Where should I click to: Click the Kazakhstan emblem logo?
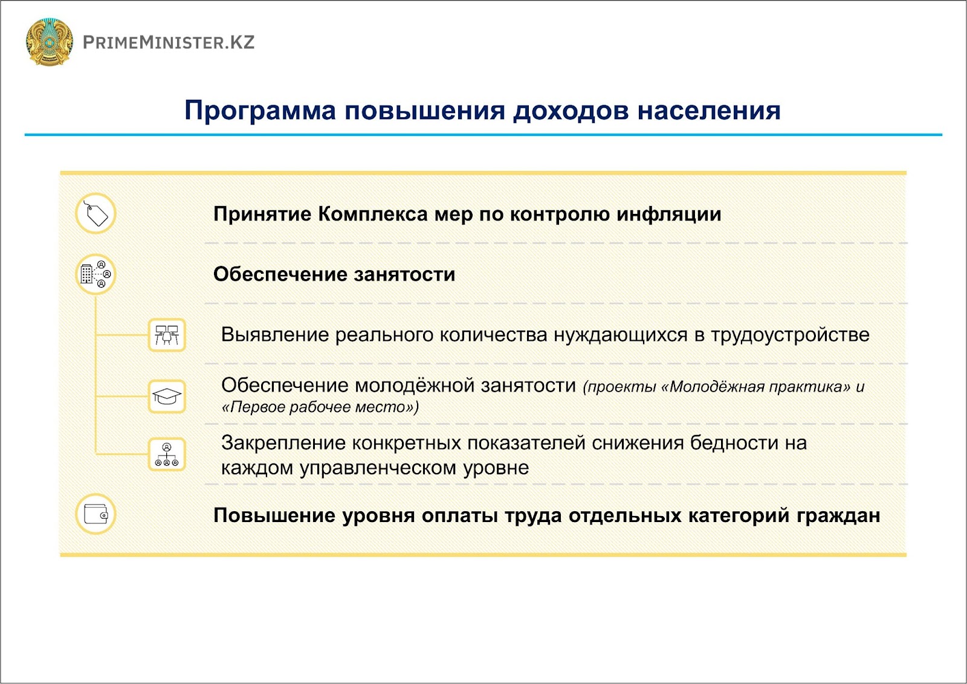click(49, 42)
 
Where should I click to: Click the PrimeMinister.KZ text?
click(169, 42)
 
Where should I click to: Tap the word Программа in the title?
click(260, 111)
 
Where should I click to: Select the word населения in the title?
click(709, 111)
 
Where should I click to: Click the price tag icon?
click(96, 213)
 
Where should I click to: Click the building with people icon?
click(96, 274)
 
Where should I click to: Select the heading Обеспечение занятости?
click(334, 274)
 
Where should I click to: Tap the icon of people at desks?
click(167, 335)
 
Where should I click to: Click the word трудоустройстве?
click(790, 335)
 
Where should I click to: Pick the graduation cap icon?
click(167, 396)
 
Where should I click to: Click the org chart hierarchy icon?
click(167, 454)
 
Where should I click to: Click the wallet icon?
click(96, 514)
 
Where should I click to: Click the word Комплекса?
click(373, 214)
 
